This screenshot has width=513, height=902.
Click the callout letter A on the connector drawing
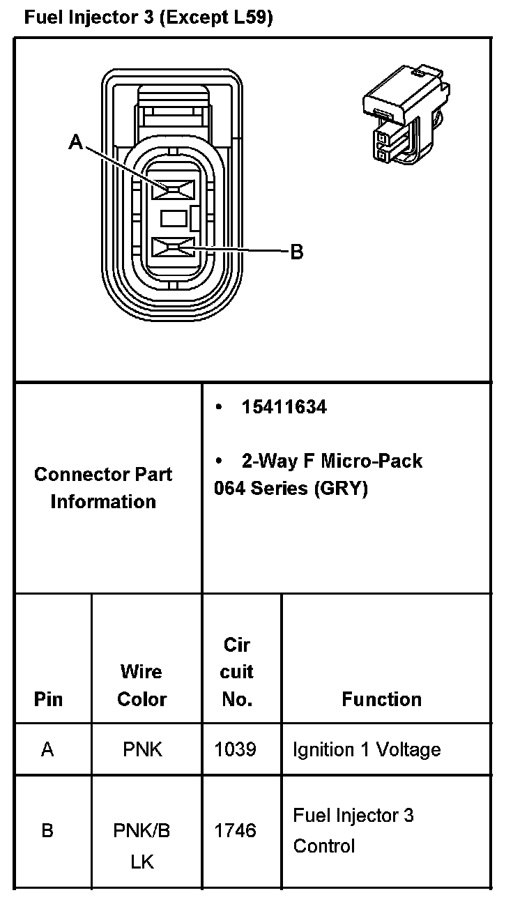[x=76, y=142]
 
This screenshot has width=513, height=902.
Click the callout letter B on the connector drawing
[x=296, y=252]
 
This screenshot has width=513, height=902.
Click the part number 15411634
[x=284, y=407]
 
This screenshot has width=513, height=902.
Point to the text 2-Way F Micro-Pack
[x=331, y=461]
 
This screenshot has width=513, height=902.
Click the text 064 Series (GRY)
[x=290, y=488]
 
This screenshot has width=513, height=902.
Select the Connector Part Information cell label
[x=103, y=488]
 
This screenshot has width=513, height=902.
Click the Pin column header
[x=48, y=699]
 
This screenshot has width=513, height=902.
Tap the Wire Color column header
[x=141, y=685]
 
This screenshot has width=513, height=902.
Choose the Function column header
[x=381, y=699]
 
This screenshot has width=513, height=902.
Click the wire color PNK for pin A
[x=141, y=749]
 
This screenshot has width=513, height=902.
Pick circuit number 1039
[x=236, y=749]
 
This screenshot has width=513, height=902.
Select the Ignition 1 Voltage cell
[x=367, y=749]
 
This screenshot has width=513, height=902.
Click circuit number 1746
[x=236, y=830]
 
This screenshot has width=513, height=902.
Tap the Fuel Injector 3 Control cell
[x=353, y=830]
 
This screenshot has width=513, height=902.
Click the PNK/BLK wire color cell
[x=141, y=846]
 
